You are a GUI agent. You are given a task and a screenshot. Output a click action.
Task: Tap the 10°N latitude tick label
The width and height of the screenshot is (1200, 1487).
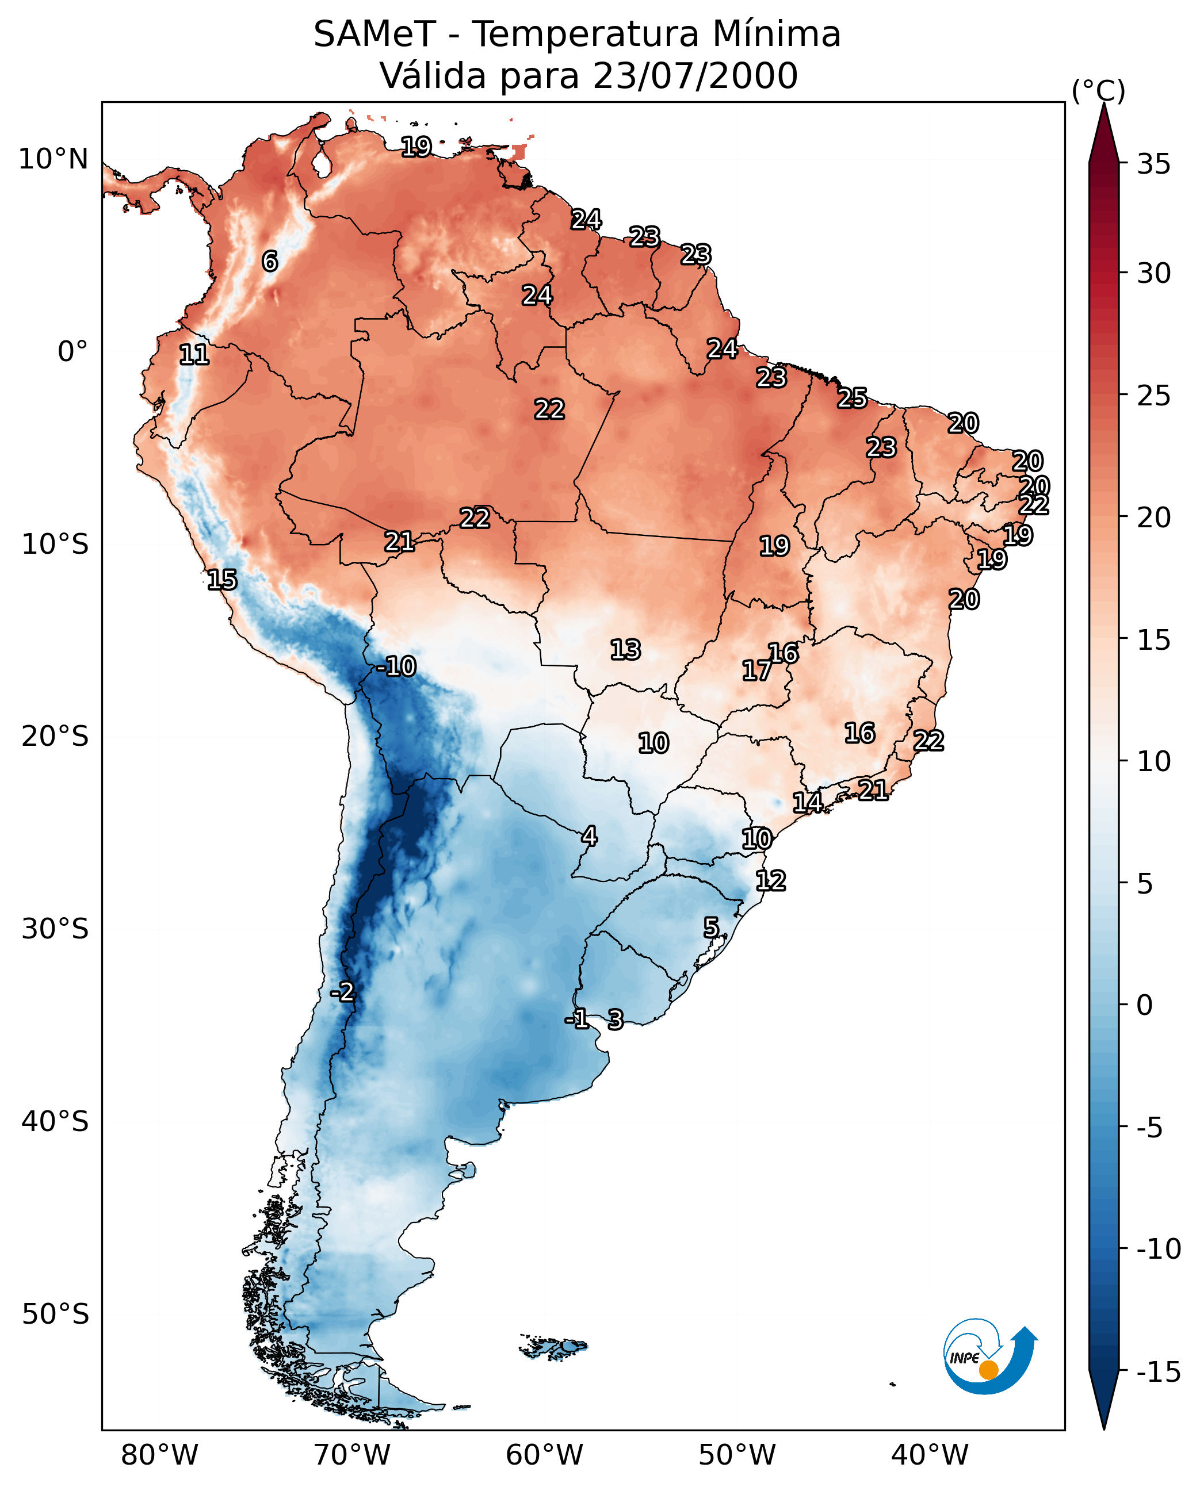(53, 160)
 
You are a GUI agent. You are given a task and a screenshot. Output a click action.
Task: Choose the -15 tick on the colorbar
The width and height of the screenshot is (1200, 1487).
(1159, 1371)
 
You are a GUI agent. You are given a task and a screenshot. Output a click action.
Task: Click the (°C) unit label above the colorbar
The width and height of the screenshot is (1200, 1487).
(1098, 90)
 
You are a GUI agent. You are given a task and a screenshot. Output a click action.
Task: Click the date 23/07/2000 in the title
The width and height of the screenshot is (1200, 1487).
(695, 76)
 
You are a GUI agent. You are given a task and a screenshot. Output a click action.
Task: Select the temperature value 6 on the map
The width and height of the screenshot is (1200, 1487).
(270, 261)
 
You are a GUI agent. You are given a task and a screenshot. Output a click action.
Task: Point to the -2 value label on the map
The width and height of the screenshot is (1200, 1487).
(342, 992)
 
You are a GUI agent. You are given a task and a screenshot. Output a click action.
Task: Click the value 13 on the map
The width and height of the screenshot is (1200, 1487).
(625, 650)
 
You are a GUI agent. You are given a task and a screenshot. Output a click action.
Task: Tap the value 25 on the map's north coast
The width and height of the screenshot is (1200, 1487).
(853, 398)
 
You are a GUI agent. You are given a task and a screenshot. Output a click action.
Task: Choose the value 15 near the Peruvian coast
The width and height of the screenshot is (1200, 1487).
(222, 580)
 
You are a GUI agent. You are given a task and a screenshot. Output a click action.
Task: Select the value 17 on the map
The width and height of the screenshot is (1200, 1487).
(757, 670)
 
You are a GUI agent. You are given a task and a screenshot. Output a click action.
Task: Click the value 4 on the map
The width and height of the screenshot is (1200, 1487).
(589, 836)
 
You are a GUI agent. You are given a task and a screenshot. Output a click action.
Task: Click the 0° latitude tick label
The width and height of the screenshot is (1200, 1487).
(72, 352)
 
